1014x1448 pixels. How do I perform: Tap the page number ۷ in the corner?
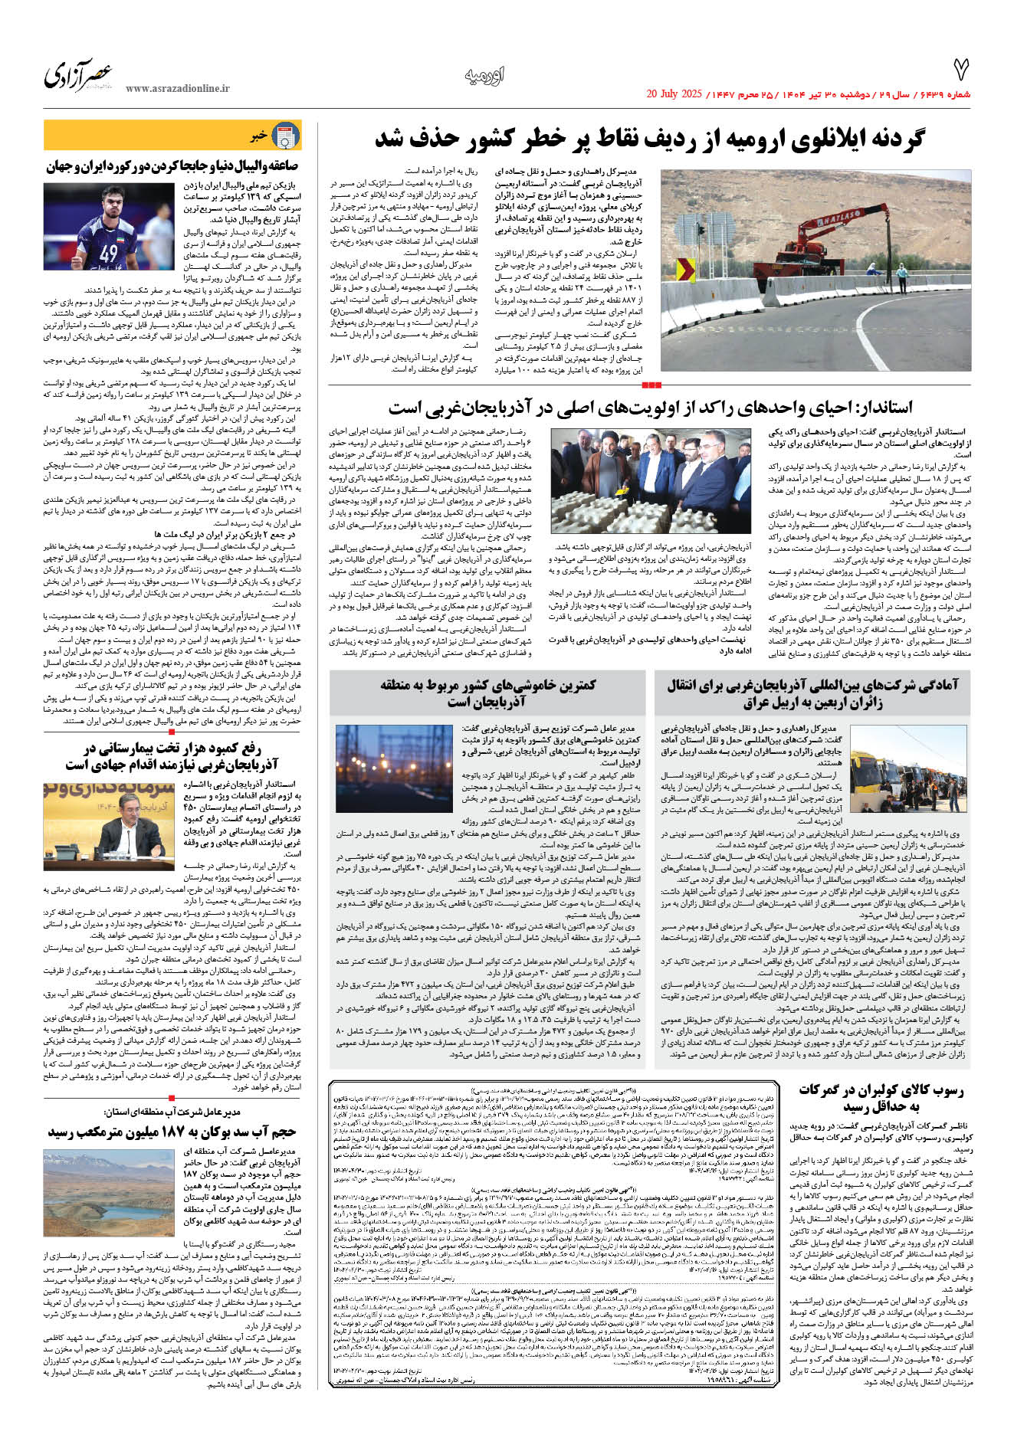point(960,70)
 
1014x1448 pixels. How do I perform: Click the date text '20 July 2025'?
point(674,94)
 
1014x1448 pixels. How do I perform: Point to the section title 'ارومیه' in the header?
point(484,76)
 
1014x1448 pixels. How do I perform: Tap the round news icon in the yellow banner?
point(286,136)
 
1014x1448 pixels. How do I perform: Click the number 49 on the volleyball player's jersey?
point(109,251)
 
